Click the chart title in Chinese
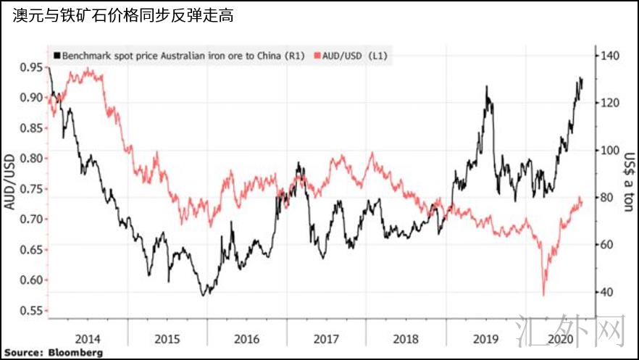(122, 15)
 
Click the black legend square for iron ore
(57, 55)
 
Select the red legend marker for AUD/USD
(318, 55)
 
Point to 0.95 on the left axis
(31, 67)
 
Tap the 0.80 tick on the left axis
(31, 158)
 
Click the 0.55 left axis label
(31, 310)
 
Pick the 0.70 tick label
(31, 219)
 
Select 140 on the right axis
(610, 55)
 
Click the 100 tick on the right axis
(610, 150)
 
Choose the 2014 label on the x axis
(88, 339)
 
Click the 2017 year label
(327, 339)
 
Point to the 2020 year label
(561, 339)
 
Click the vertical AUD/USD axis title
(9, 183)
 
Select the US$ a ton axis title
(629, 182)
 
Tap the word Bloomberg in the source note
(75, 352)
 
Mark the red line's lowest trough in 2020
(543, 295)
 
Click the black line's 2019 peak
(486, 87)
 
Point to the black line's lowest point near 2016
(203, 295)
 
